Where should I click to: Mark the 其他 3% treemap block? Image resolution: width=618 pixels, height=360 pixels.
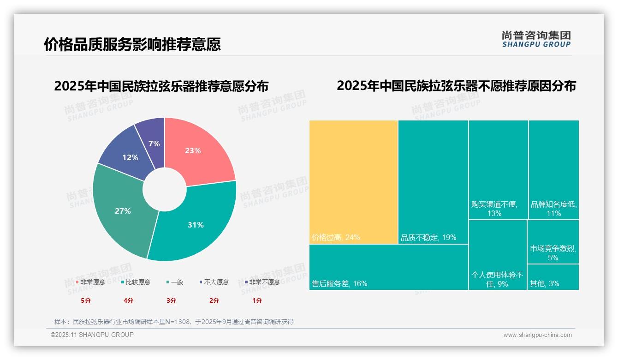coord(553,277)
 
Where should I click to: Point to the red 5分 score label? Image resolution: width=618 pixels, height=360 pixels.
coord(86,300)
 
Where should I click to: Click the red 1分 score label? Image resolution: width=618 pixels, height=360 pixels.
coord(257,300)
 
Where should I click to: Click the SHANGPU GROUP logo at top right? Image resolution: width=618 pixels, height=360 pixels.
coord(536,39)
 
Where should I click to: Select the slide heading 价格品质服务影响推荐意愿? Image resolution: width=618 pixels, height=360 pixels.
coord(132,44)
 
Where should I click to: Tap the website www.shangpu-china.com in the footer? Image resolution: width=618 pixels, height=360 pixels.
coord(537,335)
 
